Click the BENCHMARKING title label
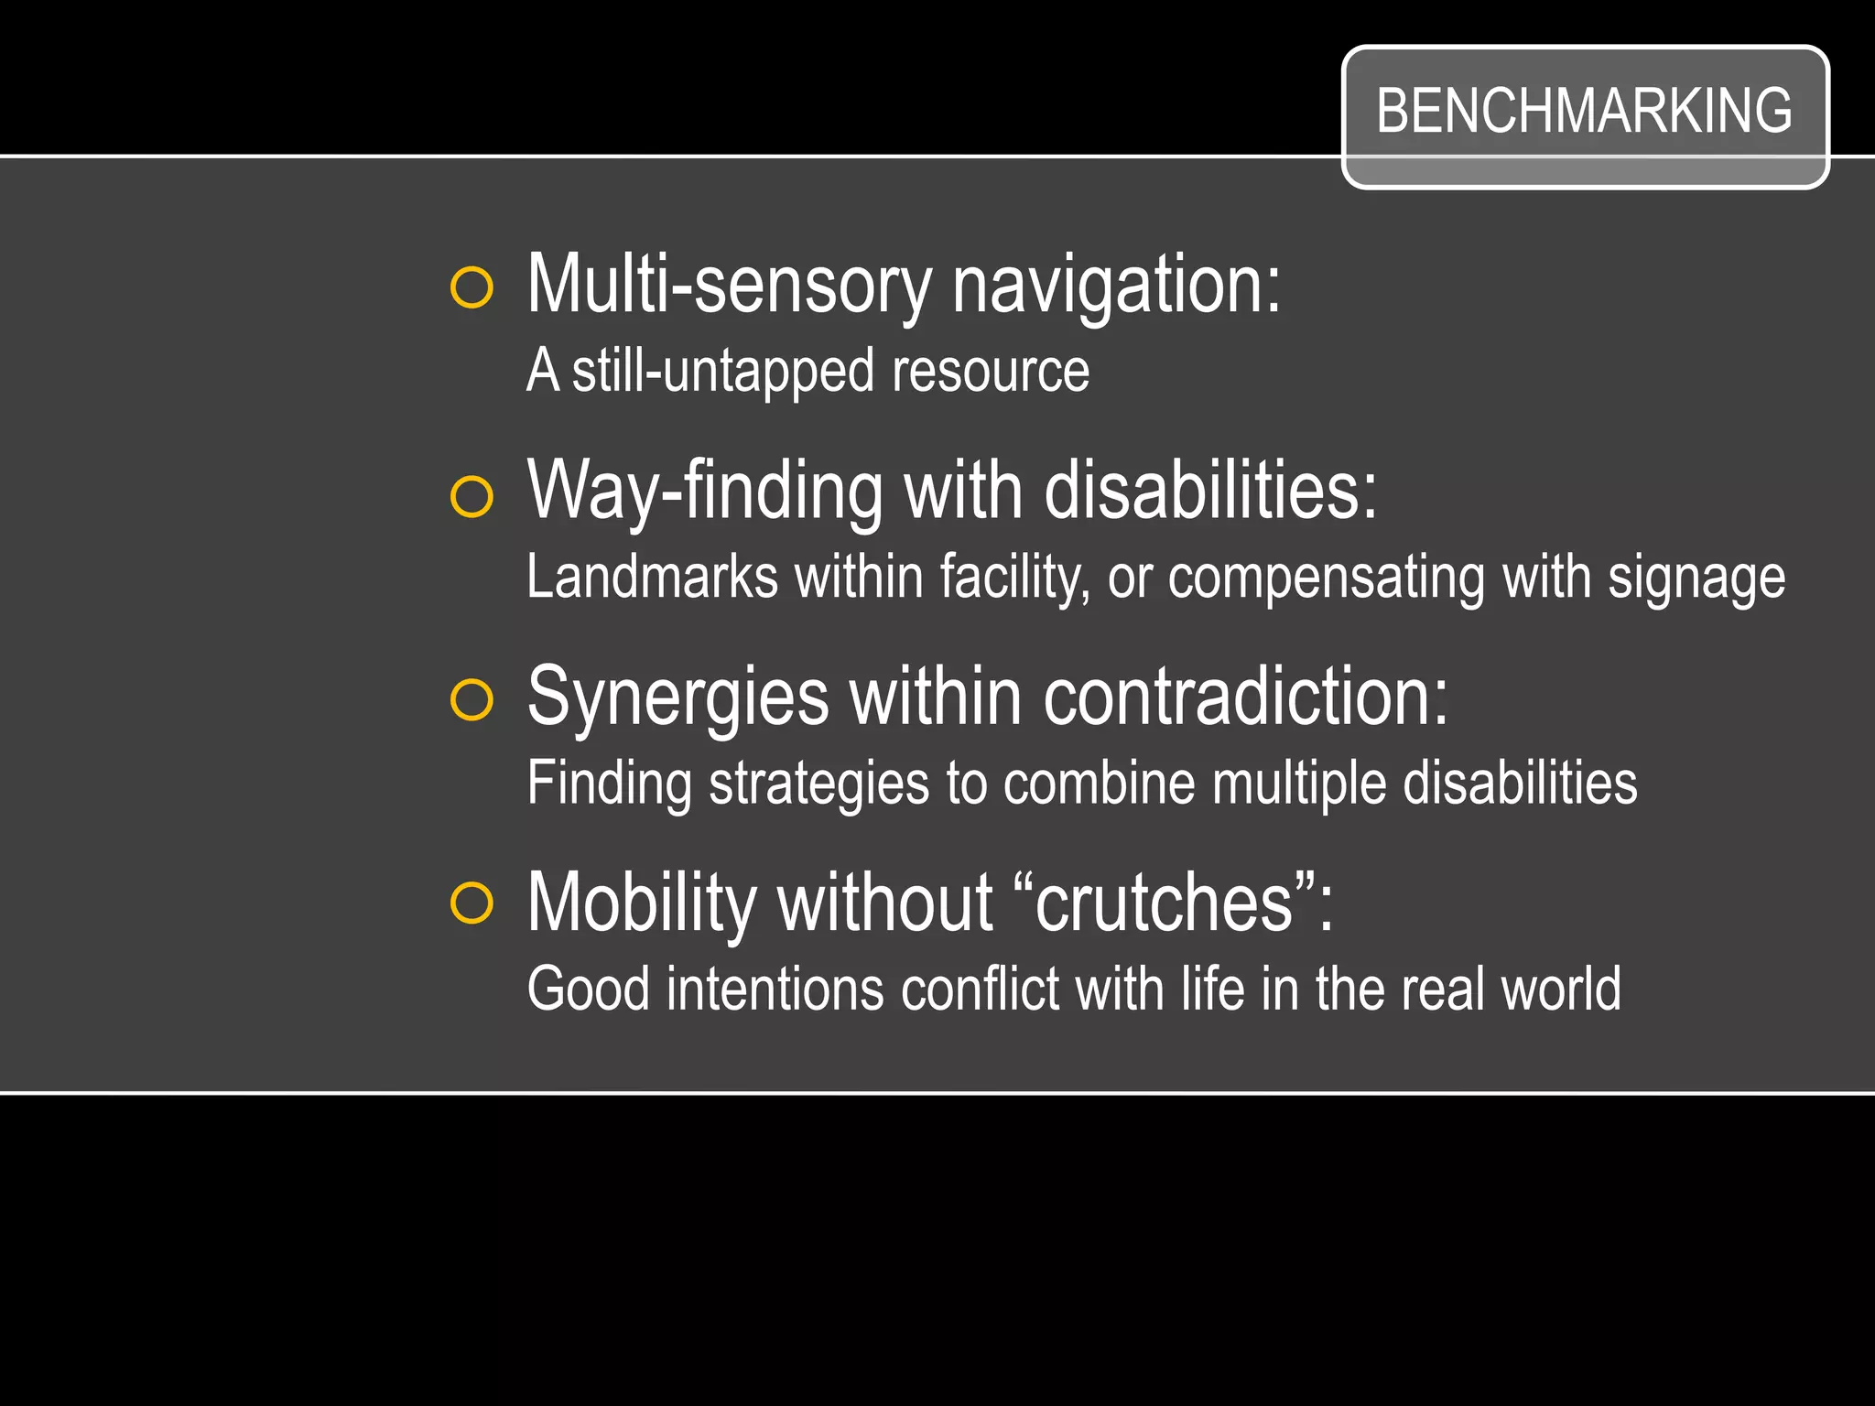[x=1584, y=112]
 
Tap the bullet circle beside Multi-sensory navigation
[x=472, y=288]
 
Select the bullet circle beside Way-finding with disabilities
[x=472, y=497]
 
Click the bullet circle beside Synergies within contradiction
[x=472, y=700]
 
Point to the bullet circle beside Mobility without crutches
[x=472, y=903]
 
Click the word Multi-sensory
[x=729, y=285]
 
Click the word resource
[x=991, y=372]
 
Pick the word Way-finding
[x=706, y=492]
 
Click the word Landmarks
[x=652, y=578]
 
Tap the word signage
[x=1696, y=578]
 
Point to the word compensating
[x=1327, y=578]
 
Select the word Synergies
[x=678, y=698]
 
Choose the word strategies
[x=819, y=784]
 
